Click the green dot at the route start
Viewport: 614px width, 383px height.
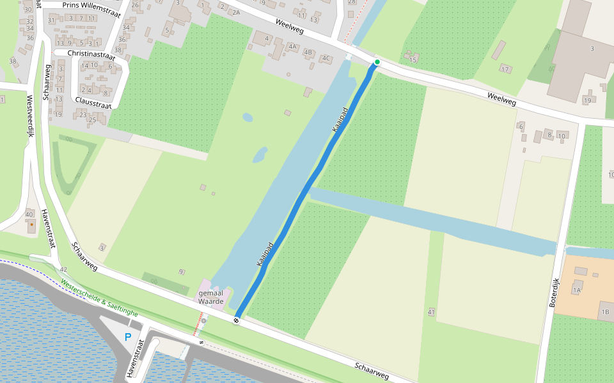click(x=377, y=62)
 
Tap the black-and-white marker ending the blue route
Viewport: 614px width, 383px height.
click(x=237, y=320)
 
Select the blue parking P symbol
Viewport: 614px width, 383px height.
click(x=128, y=337)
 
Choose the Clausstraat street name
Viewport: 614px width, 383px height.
click(x=93, y=101)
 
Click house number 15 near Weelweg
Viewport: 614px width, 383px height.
click(x=413, y=60)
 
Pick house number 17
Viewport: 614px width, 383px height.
click(x=505, y=69)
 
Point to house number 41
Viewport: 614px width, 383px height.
click(x=432, y=312)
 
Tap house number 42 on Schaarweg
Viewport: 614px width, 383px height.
click(x=63, y=270)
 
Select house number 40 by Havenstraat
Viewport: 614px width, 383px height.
click(x=30, y=214)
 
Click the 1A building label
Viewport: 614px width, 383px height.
click(x=577, y=290)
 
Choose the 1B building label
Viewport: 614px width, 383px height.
click(x=605, y=312)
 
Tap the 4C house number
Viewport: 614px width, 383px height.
click(x=326, y=59)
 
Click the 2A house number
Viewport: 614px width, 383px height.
click(x=236, y=13)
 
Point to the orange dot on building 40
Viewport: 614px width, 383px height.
click(x=31, y=225)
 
